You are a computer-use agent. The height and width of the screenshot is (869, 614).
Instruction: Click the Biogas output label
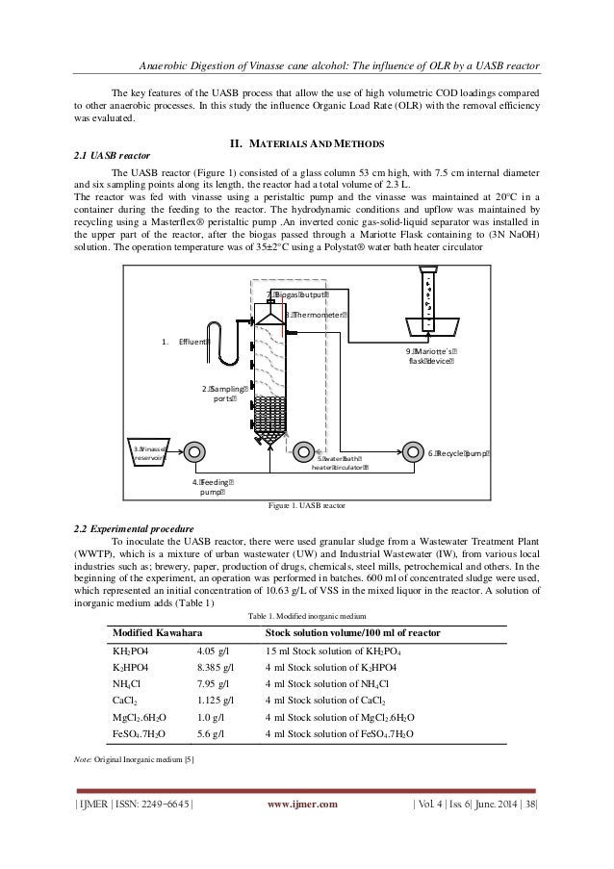tap(299, 294)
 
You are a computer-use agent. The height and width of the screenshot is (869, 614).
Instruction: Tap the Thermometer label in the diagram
tap(318, 314)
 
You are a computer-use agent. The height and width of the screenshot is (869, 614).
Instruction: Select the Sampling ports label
tap(220, 394)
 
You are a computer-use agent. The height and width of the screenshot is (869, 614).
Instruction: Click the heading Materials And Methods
tap(306, 143)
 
